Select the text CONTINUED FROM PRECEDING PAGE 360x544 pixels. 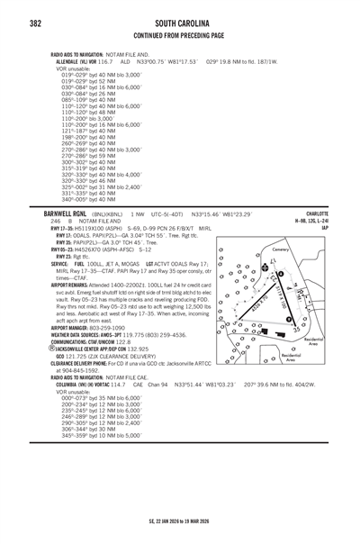coord(179,35)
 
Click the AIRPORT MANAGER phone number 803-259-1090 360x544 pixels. coord(112,328)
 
